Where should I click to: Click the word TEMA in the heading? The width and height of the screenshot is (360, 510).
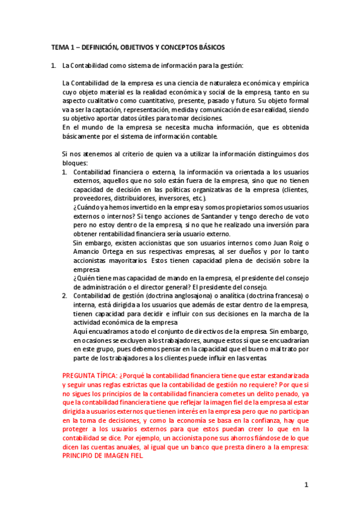pos(59,47)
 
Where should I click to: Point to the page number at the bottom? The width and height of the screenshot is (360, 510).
pos(306,485)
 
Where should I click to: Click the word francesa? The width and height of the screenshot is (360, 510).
pos(281,296)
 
